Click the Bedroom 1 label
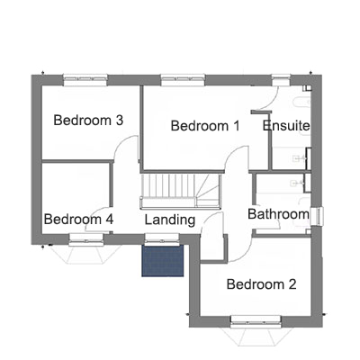(205, 126)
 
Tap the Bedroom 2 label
(261, 284)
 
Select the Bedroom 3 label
(88, 121)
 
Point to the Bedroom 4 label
(78, 220)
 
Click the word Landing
(170, 220)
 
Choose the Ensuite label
(286, 126)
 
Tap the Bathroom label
(278, 214)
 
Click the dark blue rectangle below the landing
(162, 261)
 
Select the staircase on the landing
(181, 191)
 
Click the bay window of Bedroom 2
(255, 330)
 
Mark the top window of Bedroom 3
(85, 79)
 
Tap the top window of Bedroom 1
(183, 79)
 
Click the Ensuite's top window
(281, 79)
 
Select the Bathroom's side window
(317, 216)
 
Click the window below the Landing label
(162, 238)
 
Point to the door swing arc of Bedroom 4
(95, 212)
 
